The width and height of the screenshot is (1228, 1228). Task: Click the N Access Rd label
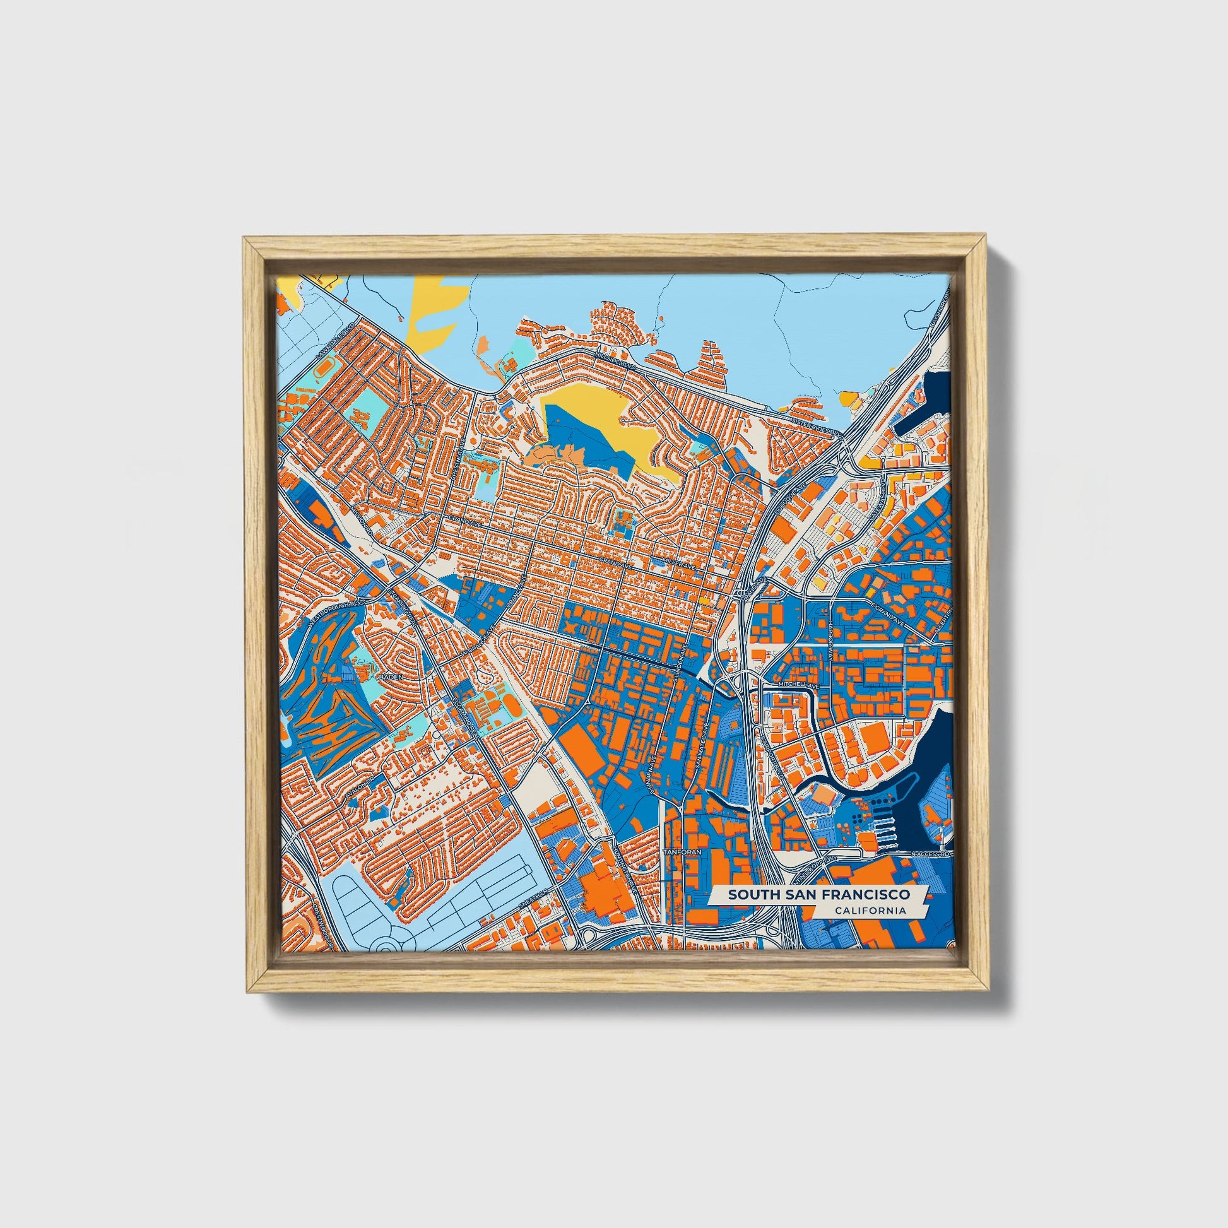click(x=930, y=854)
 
